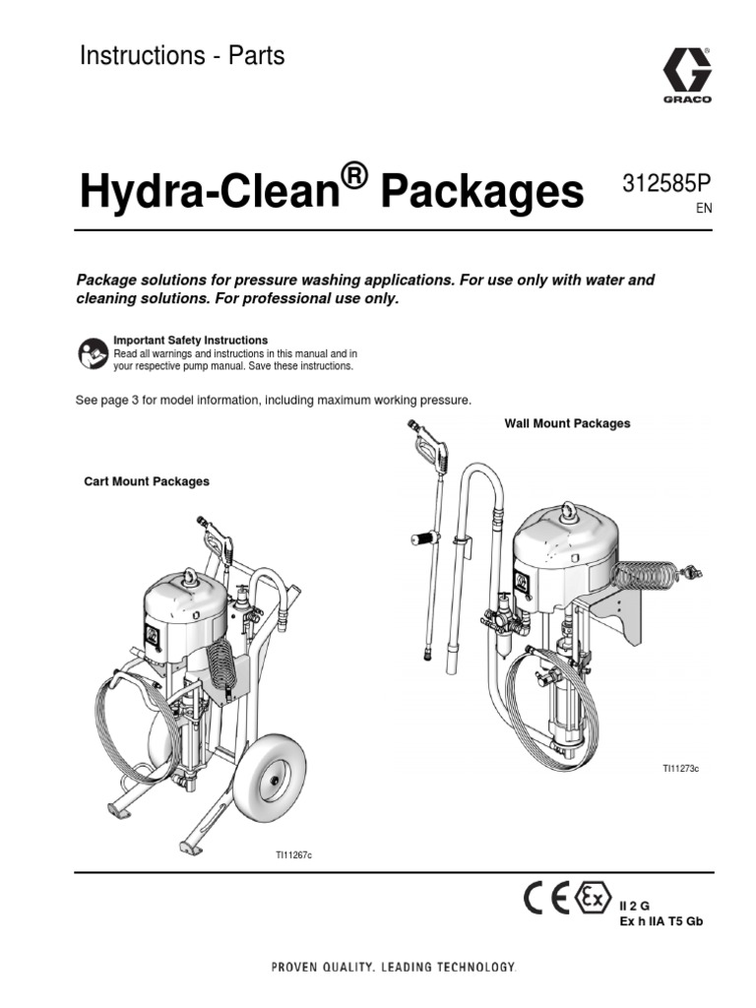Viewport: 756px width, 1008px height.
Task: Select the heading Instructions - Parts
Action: [x=182, y=56]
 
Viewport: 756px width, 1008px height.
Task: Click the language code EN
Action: [x=703, y=210]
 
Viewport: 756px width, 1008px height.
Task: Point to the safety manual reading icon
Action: [x=91, y=352]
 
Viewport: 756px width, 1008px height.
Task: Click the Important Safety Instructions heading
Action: [x=191, y=341]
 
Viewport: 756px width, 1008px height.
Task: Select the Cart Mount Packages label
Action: [x=146, y=481]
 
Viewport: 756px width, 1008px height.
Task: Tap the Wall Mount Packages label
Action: [x=567, y=423]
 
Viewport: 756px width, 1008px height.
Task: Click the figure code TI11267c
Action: [x=292, y=854]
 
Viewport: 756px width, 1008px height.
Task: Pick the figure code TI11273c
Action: [x=679, y=766]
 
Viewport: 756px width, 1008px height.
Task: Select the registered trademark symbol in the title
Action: [x=355, y=177]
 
